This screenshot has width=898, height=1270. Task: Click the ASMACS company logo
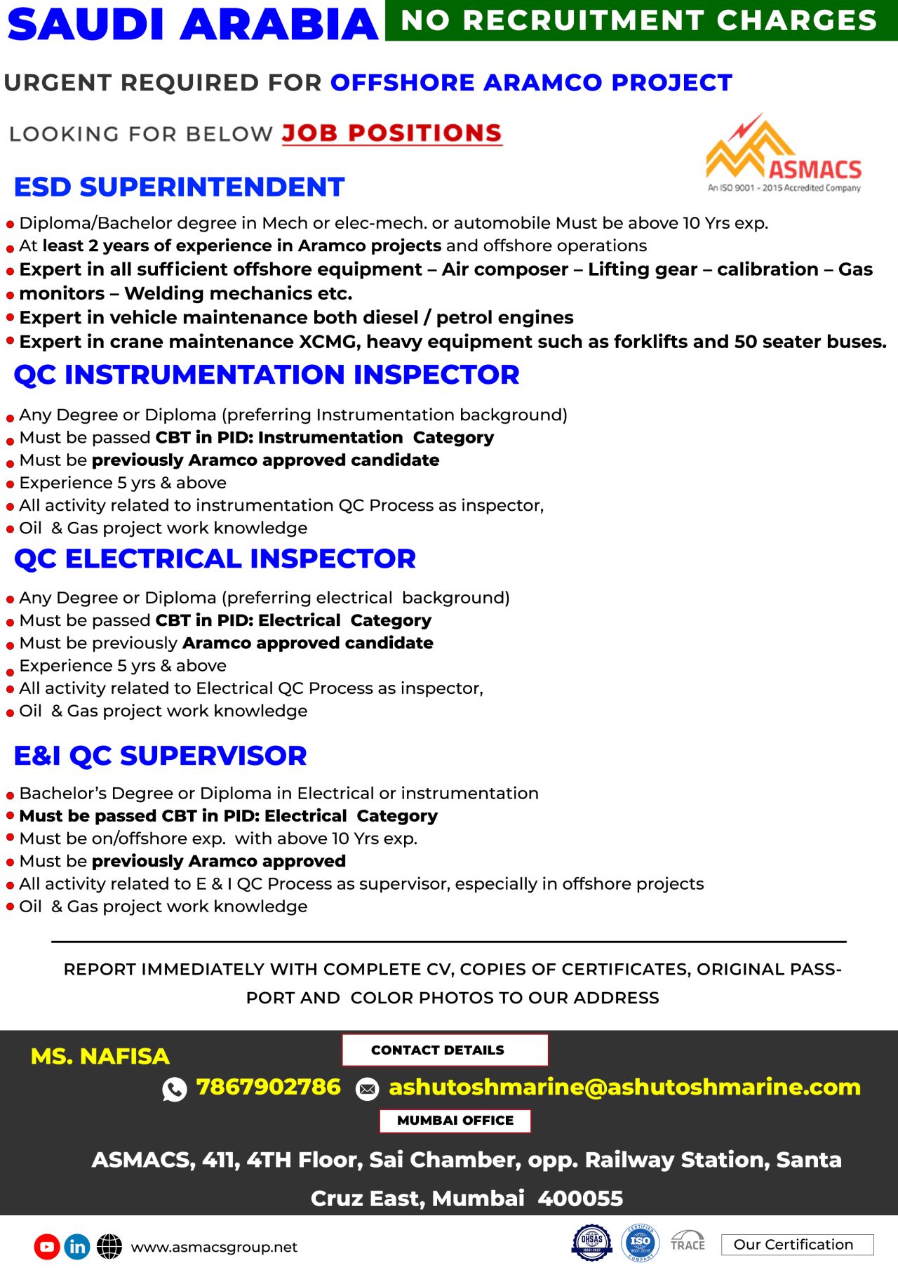[x=784, y=155]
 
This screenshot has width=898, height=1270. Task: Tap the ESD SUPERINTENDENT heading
[x=180, y=187]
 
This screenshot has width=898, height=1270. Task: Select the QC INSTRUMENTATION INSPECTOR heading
[x=267, y=375]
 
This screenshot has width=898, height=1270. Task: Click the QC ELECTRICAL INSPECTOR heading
[x=215, y=559]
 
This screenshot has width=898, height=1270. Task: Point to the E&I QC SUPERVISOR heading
[x=161, y=756]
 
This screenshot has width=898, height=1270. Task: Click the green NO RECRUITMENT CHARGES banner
[x=641, y=20]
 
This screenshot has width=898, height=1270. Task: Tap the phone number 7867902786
[x=269, y=1087]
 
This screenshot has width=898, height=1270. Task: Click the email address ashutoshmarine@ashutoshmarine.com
[x=624, y=1087]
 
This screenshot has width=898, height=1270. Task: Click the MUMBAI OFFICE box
[x=455, y=1121]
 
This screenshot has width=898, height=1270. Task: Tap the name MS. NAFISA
[x=100, y=1056]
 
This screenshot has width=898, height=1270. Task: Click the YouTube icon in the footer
[x=46, y=1247]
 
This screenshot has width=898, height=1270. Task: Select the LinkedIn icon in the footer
[x=77, y=1247]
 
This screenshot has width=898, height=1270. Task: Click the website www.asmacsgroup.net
[x=214, y=1248]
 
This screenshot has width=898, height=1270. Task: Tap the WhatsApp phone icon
[x=175, y=1089]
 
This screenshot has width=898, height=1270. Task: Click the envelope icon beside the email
[x=367, y=1089]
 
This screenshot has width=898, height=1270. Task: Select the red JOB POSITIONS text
[x=391, y=133]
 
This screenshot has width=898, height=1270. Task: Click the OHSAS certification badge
[x=592, y=1242]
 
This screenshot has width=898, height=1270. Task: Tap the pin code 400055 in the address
[x=580, y=1198]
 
